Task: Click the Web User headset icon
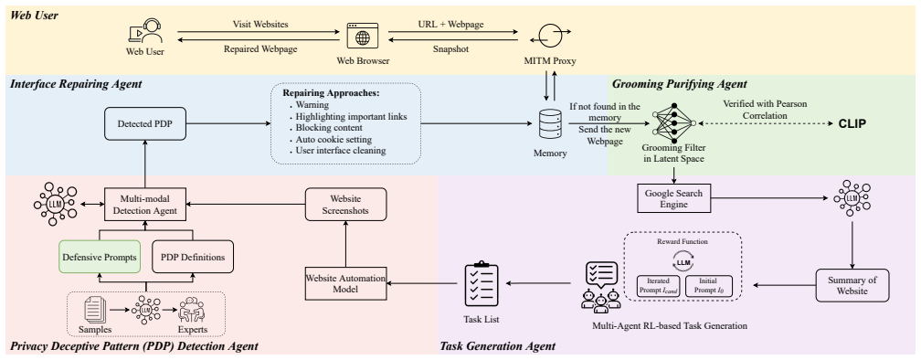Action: [x=145, y=31]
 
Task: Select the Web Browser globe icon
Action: [x=363, y=36]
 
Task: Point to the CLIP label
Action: [x=852, y=124]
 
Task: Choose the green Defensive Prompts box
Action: [x=100, y=257]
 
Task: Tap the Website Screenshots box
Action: [x=345, y=204]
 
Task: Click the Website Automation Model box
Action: [x=345, y=282]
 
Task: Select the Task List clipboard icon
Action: [x=482, y=284]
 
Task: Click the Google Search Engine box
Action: [x=673, y=198]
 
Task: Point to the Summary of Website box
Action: [x=852, y=285]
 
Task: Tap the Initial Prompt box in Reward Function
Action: [x=709, y=285]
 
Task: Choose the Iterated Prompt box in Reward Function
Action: [x=659, y=285]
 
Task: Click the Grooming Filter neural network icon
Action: [x=673, y=123]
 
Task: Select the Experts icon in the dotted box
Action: [x=194, y=308]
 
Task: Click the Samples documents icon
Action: [x=99, y=308]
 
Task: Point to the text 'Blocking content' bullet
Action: [x=329, y=128]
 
